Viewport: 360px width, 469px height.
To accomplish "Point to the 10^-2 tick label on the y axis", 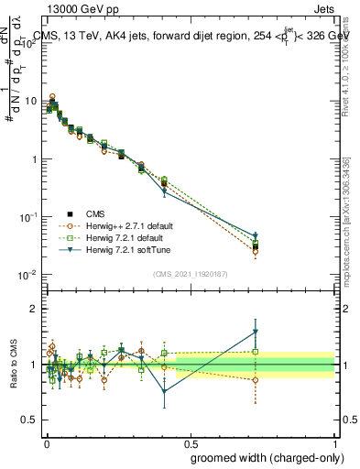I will (x=28, y=275).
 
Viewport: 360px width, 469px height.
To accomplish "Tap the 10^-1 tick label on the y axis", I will (x=28, y=217).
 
